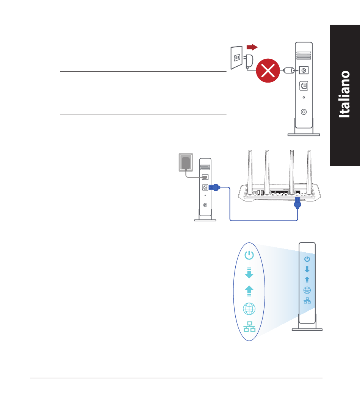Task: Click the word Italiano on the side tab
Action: coord(344,95)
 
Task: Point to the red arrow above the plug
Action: coord(252,47)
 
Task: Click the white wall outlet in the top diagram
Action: coord(236,58)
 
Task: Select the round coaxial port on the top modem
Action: coord(304,112)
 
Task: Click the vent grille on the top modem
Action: coord(304,56)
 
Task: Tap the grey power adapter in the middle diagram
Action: coord(186,162)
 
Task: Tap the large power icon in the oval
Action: coord(249,256)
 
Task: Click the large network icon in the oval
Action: coord(249,326)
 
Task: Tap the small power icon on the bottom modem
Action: coord(307,259)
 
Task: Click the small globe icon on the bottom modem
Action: coord(307,290)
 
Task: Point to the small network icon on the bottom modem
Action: coord(307,300)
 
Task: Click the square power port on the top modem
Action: coord(304,70)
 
